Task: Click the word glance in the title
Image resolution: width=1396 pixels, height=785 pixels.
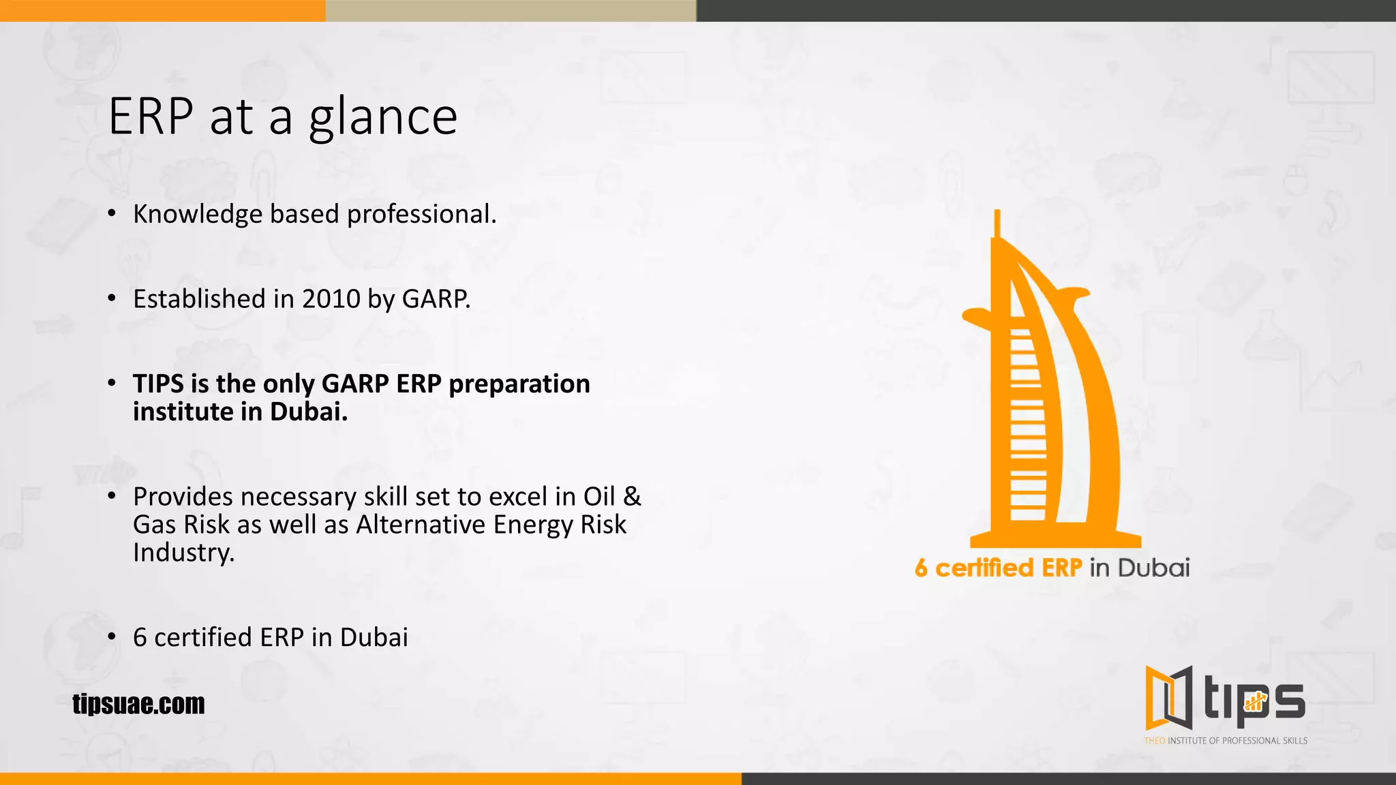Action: click(383, 117)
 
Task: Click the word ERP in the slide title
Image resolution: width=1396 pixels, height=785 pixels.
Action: click(151, 117)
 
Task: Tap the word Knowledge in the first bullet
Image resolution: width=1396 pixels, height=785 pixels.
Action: click(198, 215)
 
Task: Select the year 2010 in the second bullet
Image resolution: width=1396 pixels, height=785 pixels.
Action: click(331, 299)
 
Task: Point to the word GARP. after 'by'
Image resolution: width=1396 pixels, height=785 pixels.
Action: click(436, 299)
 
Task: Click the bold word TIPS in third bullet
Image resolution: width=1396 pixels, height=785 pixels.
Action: click(158, 384)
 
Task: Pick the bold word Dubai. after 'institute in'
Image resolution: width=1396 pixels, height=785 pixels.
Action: click(309, 412)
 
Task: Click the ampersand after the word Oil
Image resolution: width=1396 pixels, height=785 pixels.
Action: click(632, 497)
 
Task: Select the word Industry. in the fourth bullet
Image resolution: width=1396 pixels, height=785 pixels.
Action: click(183, 553)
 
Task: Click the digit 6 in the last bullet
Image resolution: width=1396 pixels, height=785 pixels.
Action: click(140, 638)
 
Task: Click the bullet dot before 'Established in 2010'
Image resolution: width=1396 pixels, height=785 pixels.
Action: click(112, 298)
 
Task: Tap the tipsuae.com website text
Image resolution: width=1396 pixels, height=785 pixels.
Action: click(138, 704)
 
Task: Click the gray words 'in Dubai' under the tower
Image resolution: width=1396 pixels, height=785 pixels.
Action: click(1139, 568)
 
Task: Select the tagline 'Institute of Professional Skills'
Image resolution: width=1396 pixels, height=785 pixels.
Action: click(1237, 741)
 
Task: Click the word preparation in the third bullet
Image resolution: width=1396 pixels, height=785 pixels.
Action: click(519, 384)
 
